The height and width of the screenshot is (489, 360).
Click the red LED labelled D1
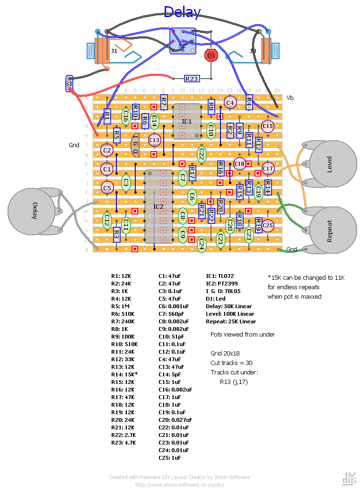tap(211, 55)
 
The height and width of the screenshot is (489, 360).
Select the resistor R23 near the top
tap(192, 79)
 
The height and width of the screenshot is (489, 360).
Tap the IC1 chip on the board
tap(187, 121)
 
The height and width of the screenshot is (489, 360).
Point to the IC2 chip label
tap(158, 207)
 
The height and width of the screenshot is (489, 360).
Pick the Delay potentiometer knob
tap(35, 211)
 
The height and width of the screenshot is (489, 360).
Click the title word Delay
tap(182, 12)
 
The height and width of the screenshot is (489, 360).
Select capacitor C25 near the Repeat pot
tap(268, 226)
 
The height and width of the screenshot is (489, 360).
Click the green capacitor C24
tap(201, 244)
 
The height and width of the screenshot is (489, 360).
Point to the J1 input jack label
tap(114, 50)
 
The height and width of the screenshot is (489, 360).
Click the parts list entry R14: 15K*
tap(124, 374)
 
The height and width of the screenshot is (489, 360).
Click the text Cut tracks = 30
tap(231, 363)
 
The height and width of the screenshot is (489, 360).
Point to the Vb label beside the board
tap(290, 98)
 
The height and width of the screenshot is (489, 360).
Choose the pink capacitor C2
tap(107, 150)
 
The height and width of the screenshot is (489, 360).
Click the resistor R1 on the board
tap(107, 116)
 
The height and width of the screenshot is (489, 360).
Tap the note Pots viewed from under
tap(243, 334)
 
